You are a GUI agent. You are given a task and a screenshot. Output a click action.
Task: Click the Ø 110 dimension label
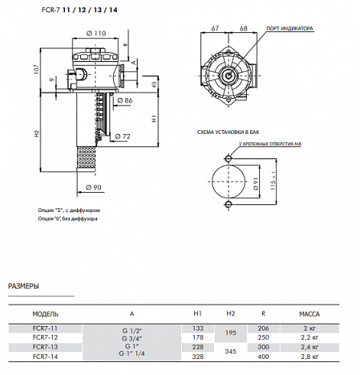point(96,32)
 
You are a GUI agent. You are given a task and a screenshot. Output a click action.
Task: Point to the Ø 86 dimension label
point(126,101)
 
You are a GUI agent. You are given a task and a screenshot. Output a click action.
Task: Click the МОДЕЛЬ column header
point(45,314)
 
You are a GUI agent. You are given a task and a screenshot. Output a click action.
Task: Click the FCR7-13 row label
point(45,346)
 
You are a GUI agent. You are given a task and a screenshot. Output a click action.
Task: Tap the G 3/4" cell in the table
point(131,337)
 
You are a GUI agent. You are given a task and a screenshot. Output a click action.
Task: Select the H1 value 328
point(198,356)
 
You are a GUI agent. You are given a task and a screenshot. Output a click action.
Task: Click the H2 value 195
point(232,332)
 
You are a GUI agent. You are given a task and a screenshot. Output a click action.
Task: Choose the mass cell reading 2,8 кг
point(309,356)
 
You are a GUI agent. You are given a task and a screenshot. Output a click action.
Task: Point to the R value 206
point(264,328)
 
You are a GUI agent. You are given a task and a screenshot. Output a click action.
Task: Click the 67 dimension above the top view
point(216,28)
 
